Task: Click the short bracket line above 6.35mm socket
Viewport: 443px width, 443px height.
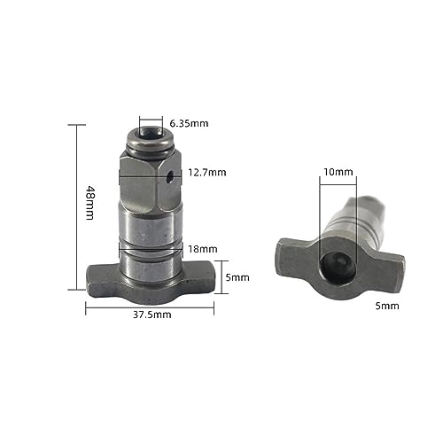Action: (x=151, y=115)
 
